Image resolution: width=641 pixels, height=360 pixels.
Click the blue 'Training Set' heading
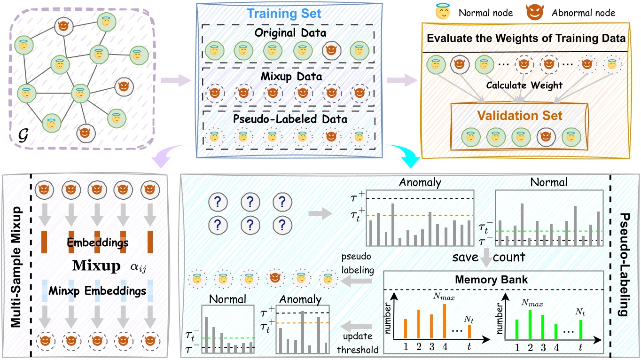tap(289, 13)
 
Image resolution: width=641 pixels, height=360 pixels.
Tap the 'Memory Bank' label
tap(492, 280)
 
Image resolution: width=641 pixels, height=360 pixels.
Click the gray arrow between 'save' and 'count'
tap(488, 258)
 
